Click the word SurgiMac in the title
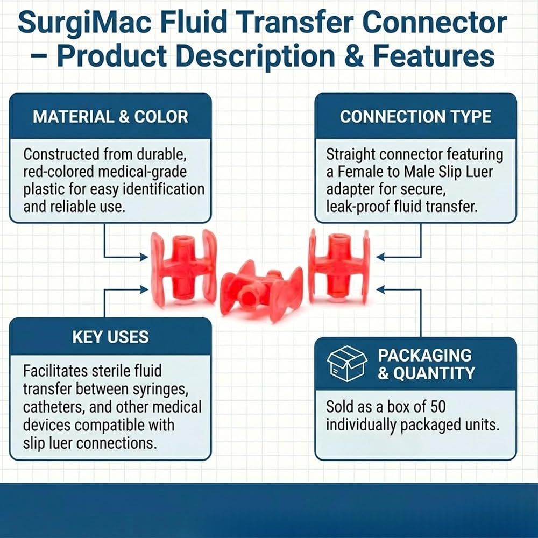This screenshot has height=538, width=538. click(x=84, y=23)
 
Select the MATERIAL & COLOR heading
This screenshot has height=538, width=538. click(x=110, y=117)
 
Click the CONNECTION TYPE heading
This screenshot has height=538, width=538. click(x=415, y=117)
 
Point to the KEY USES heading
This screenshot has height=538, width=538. click(x=110, y=337)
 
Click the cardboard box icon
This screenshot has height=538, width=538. click(x=347, y=364)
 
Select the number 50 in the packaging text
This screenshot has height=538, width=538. click(x=438, y=407)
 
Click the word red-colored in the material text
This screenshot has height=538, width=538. click(x=58, y=172)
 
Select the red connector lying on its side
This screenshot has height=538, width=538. click(x=261, y=291)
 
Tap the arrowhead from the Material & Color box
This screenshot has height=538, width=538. click(x=144, y=257)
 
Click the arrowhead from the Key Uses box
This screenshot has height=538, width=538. click(x=144, y=289)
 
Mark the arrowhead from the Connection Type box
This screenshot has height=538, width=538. click(x=380, y=257)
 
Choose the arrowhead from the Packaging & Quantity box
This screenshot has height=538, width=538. click(x=380, y=289)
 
